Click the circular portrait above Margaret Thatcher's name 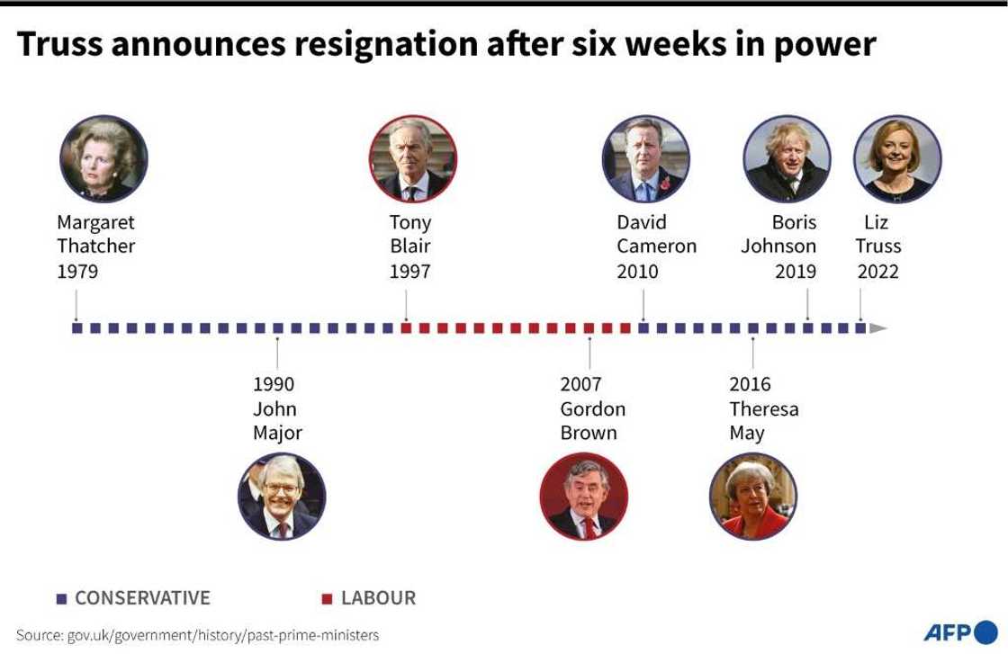[103, 159]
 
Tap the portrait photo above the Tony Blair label [413, 159]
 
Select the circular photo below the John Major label [282, 496]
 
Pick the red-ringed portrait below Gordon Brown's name [583, 496]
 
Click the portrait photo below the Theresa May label [752, 496]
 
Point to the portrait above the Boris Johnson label [787, 159]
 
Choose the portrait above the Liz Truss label [896, 159]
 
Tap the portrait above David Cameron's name [645, 159]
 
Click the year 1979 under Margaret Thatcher [77, 272]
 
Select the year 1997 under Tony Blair [409, 272]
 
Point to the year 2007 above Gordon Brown [580, 384]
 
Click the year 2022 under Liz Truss [877, 272]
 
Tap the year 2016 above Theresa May [750, 384]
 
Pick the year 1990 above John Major [274, 384]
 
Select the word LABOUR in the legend [378, 598]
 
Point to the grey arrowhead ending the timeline [878, 328]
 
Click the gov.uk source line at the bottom [198, 635]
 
